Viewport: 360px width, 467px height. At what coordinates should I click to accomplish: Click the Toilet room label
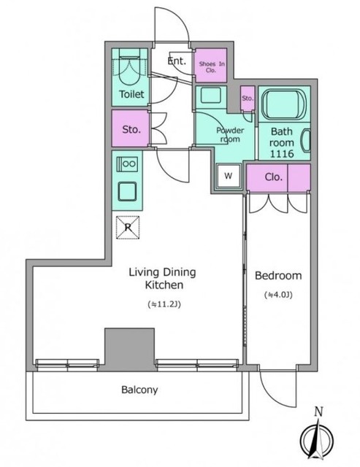tap(131, 94)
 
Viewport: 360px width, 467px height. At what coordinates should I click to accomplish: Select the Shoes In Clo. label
tap(212, 67)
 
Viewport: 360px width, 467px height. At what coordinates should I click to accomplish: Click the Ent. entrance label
tap(177, 61)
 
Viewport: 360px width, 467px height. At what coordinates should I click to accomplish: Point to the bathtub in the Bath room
tap(284, 104)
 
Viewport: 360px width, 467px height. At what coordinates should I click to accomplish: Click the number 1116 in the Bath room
tap(282, 154)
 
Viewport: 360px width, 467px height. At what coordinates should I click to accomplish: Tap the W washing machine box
tap(229, 176)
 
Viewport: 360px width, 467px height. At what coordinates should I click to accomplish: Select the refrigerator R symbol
tap(128, 228)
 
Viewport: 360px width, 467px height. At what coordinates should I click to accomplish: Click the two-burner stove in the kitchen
tap(127, 163)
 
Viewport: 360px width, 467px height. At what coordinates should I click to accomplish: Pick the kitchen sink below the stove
tap(127, 191)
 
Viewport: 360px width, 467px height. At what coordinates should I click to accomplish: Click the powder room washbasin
tap(210, 96)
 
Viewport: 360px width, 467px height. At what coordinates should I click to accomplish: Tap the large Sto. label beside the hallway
tap(131, 130)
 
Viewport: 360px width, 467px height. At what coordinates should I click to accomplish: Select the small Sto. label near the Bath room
tap(248, 99)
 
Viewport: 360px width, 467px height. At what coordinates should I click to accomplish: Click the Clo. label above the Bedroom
tap(274, 177)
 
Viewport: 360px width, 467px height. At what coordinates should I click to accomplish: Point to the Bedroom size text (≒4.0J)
tap(278, 295)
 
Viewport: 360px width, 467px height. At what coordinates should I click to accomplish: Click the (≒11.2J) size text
tap(164, 305)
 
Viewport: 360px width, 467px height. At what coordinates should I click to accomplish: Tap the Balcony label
tap(139, 390)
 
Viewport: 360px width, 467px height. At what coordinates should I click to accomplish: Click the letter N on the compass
tap(318, 412)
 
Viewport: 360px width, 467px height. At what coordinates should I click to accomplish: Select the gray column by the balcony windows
tap(130, 350)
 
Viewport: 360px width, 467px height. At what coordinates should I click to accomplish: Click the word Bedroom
tap(278, 276)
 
